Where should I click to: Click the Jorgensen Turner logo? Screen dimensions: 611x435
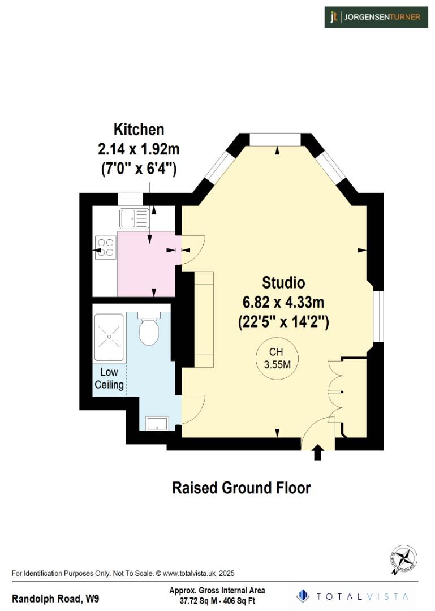coord(376,17)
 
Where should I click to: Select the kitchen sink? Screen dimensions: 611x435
coord(134,217)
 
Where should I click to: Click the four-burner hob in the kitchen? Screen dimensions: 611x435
coord(105,247)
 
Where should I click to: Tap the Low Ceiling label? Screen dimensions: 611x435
coord(109,378)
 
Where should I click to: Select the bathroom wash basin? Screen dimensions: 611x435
coord(157,423)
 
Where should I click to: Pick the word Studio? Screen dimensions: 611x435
coord(283,282)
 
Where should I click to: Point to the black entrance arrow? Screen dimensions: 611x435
coord(317,451)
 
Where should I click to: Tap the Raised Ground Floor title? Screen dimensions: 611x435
coord(242,487)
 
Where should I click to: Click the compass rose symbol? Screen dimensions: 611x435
coord(404,560)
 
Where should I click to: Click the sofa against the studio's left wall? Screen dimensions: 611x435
coord(204,319)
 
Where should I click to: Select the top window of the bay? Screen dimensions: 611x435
coord(275,136)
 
